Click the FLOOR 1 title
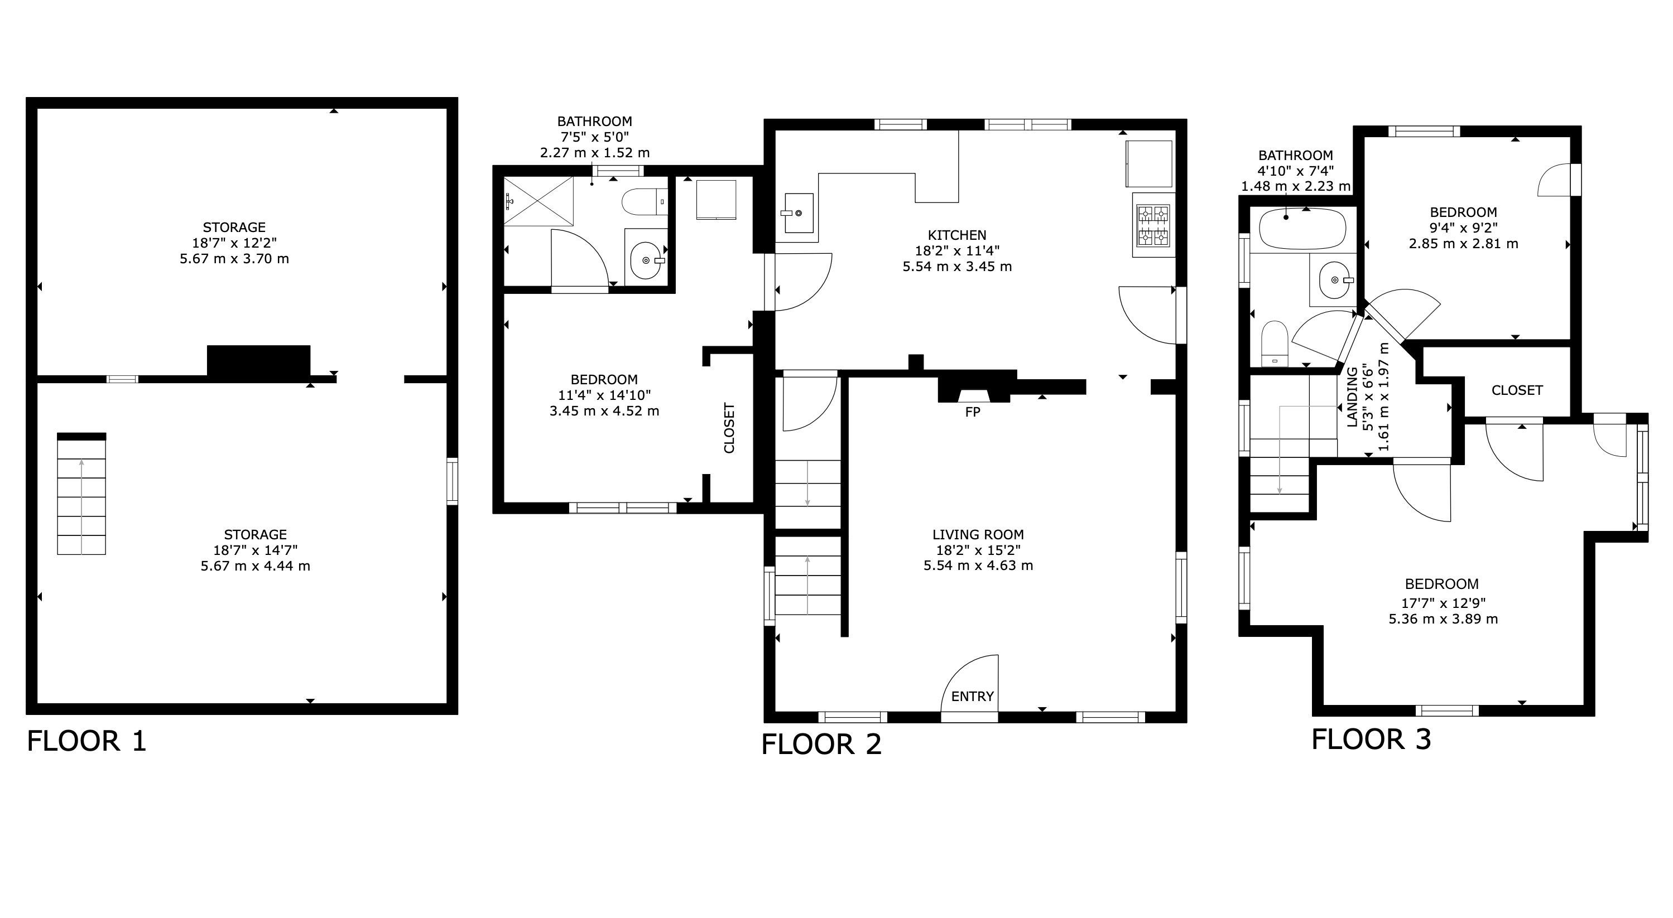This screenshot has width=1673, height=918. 86,741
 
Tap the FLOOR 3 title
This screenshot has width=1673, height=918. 1372,740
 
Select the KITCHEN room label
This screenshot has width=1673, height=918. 957,235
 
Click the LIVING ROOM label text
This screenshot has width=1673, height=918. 978,535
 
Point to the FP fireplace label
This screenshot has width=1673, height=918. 972,412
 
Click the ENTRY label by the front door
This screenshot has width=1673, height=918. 972,697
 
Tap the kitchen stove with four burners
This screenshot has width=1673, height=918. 1153,225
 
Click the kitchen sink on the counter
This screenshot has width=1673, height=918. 798,212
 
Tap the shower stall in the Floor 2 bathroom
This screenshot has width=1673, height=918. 539,201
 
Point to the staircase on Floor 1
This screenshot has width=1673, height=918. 81,494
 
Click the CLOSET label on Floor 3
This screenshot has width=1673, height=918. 1517,390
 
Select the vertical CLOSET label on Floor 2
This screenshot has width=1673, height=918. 729,428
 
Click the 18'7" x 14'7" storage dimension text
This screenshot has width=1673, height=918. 255,550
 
